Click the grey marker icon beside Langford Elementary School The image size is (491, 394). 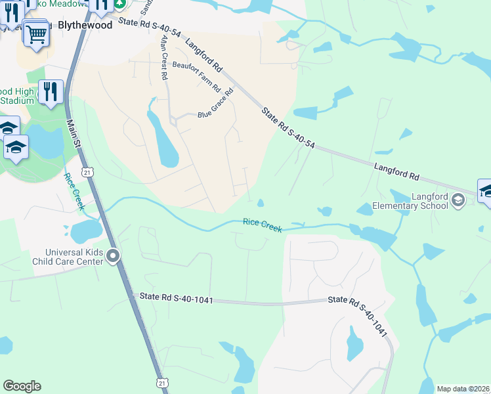(x=458, y=202)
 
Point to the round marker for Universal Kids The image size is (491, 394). (x=114, y=255)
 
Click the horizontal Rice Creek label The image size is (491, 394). (x=262, y=225)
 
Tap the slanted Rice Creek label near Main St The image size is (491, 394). (x=74, y=191)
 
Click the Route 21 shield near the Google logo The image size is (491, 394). (x=163, y=382)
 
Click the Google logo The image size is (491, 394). (x=22, y=386)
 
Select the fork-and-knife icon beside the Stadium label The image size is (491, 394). (x=50, y=91)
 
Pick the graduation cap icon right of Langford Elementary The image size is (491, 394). (x=485, y=191)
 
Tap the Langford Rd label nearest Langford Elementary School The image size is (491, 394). (x=396, y=172)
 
